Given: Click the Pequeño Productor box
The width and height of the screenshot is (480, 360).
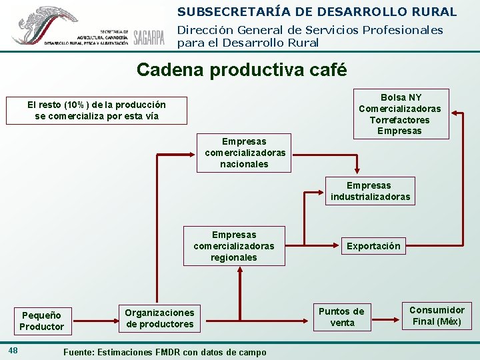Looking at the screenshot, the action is tap(42, 321).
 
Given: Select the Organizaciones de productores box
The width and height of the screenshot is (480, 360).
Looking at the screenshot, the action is tap(159, 318).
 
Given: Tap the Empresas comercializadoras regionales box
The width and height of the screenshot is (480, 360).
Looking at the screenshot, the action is tap(234, 246).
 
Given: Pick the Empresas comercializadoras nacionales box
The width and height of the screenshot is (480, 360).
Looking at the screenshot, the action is tap(244, 153).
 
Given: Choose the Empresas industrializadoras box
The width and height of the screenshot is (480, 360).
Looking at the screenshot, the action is tap(371, 191).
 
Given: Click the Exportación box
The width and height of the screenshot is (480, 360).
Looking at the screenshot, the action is tap(373, 246).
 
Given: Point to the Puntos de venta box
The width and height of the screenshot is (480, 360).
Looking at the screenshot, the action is tap(341, 317).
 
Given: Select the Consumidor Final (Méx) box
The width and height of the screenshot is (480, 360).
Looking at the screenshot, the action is tap(437, 315).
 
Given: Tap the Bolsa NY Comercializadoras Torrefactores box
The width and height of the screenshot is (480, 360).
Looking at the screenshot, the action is tap(400, 114).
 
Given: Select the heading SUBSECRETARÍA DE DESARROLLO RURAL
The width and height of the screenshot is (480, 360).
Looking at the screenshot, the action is tap(317, 11).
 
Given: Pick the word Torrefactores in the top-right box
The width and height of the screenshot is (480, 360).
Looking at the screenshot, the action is tap(400, 120).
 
